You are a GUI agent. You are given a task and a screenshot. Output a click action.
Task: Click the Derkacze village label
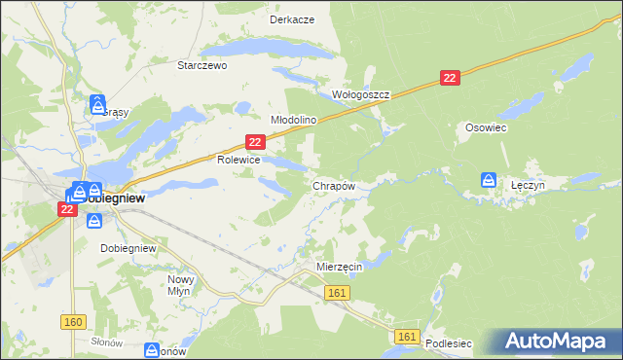291,19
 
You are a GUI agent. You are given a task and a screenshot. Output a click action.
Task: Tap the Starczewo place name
202,66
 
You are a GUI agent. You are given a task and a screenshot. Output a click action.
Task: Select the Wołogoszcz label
361,94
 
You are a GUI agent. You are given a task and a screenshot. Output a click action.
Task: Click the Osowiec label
487,127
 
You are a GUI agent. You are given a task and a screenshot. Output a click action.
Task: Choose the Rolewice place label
238,160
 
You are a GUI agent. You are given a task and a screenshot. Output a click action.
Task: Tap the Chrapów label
333,185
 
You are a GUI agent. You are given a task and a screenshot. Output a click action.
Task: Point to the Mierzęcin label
340,266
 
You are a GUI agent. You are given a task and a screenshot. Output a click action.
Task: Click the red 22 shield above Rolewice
255,142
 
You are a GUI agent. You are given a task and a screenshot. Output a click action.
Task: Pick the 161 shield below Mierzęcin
338,293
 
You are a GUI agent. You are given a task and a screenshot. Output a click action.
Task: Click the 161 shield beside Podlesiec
408,337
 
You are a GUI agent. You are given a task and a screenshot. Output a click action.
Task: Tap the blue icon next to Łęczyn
488,180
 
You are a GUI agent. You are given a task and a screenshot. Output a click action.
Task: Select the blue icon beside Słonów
153,349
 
